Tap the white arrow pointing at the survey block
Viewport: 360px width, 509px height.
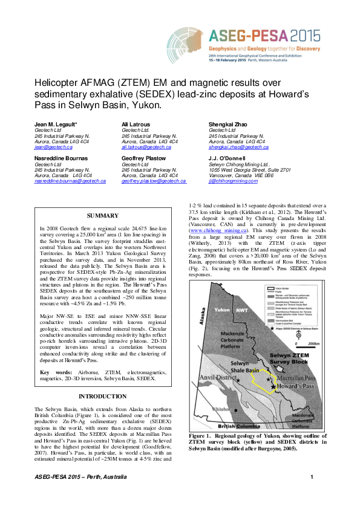click(x=280, y=367)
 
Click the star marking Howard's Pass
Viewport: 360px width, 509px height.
click(x=273, y=386)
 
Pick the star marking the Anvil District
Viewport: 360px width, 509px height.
click(x=238, y=380)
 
